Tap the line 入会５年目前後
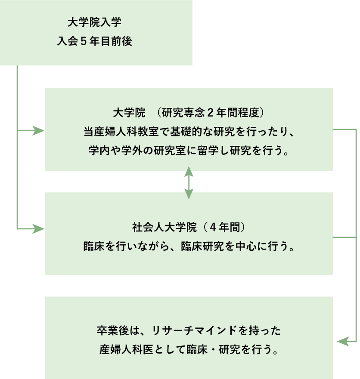(x=96, y=42)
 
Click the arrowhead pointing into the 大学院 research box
(x=40, y=130)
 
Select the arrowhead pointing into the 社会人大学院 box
(x=40, y=228)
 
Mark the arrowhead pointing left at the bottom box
(x=342, y=341)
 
